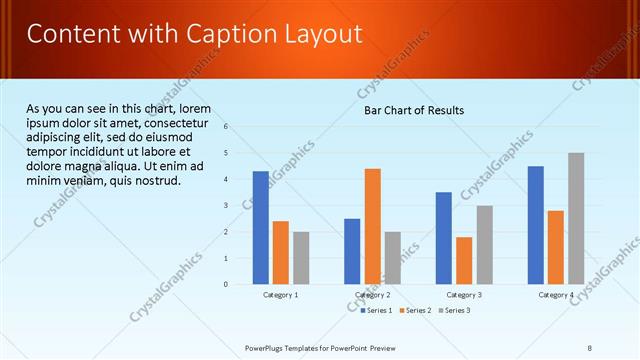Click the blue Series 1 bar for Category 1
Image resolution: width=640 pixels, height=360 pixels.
tap(261, 228)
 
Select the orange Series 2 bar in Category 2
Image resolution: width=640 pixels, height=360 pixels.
tap(372, 226)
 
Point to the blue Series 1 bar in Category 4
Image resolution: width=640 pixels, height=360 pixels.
tap(536, 225)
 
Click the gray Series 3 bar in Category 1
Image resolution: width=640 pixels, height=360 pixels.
tap(301, 258)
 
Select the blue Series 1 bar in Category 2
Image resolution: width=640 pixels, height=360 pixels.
tap(352, 251)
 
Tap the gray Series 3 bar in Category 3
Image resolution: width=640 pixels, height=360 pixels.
tap(484, 245)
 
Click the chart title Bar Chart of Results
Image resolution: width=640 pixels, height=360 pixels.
tap(413, 110)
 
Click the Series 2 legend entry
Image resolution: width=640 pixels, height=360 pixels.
tap(414, 310)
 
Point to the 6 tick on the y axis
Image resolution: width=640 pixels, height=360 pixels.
tap(227, 126)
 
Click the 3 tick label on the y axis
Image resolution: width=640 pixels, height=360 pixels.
tap(227, 205)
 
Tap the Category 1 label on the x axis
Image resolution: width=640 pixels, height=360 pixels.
tap(281, 295)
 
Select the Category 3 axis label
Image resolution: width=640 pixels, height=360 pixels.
tap(464, 295)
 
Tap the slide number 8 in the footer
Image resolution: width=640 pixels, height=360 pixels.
tap(590, 347)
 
